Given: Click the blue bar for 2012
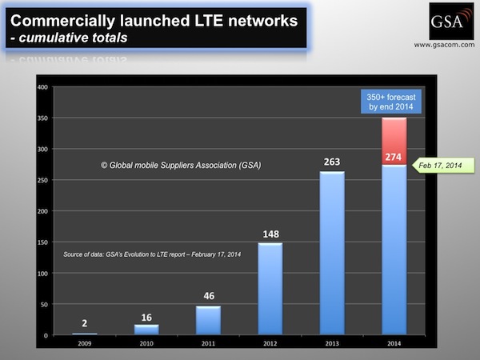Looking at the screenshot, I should click(270, 289).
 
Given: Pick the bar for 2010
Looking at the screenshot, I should click(146, 330).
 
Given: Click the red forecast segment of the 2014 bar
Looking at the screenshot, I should click(394, 142).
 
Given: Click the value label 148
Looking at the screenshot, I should click(270, 234).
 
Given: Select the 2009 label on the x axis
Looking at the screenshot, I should click(85, 346).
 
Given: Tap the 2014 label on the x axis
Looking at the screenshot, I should click(394, 346).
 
